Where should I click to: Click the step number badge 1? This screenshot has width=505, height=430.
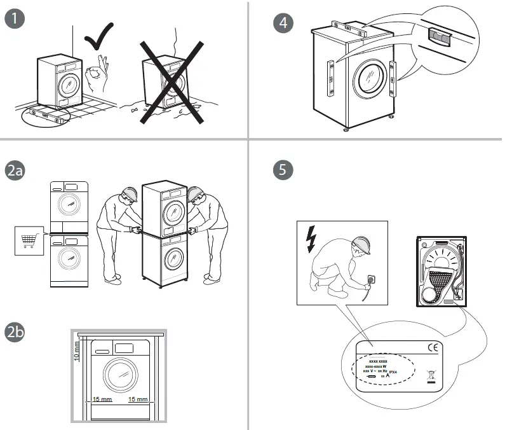[15, 19]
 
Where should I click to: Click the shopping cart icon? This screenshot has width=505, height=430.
[28, 240]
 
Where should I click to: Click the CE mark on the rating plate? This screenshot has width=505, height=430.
[433, 347]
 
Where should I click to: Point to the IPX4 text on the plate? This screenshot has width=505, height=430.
[393, 371]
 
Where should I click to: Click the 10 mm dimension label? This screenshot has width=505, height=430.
[77, 350]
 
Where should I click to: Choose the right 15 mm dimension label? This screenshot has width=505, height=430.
[137, 399]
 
